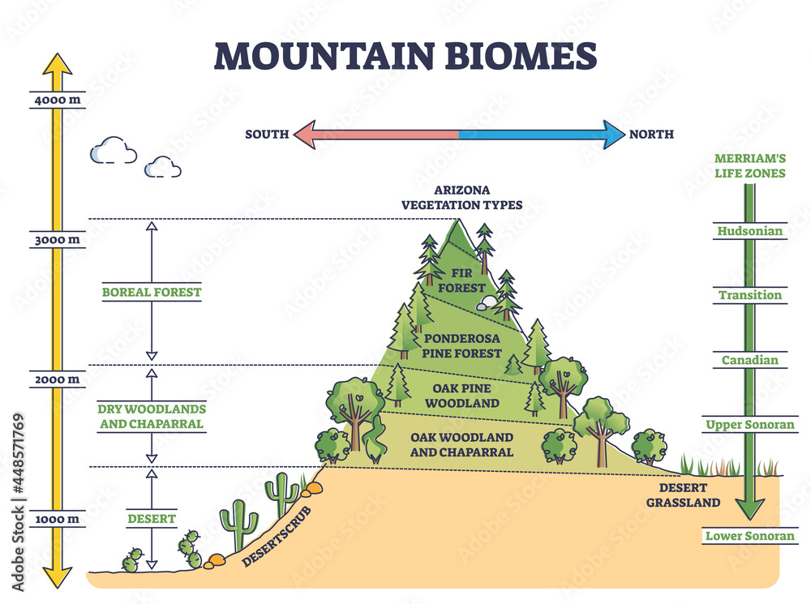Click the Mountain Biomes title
point(405,55)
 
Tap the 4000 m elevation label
point(56,101)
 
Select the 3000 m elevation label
point(56,240)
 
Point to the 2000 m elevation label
point(56,379)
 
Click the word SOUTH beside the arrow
point(267,134)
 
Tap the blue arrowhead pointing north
point(613,134)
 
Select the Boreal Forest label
point(151,292)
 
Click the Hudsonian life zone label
point(750,231)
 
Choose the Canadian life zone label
point(750,360)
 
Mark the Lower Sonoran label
point(750,536)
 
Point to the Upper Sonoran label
point(750,425)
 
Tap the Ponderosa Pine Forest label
point(461,345)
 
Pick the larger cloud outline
point(113,151)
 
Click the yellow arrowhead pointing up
point(57,65)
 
